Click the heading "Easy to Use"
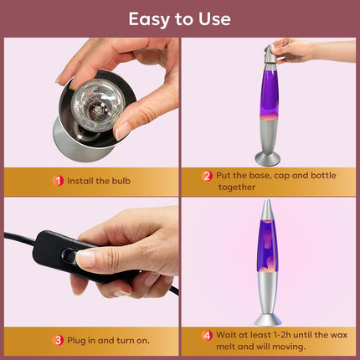click(179, 19)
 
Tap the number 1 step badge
click(58, 181)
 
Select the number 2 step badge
click(207, 176)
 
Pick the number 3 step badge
click(58, 341)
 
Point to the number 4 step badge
click(207, 335)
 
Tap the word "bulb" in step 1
click(121, 181)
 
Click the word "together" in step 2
click(237, 187)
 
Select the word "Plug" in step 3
click(76, 341)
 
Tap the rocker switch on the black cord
click(69, 255)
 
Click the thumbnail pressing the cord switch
click(85, 258)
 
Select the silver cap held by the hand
click(270, 54)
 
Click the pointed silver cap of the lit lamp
click(267, 210)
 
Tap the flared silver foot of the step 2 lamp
click(268, 158)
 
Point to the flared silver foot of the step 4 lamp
click(268, 320)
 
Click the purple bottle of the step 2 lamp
click(269, 92)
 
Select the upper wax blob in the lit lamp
click(266, 239)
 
